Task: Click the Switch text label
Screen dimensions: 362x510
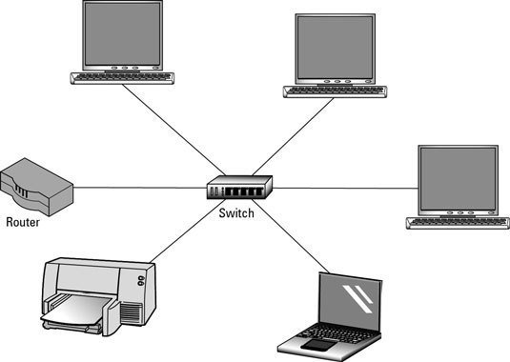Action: tap(236, 213)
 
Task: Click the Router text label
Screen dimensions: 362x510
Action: tap(24, 224)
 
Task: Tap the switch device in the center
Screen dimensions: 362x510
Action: tap(238, 187)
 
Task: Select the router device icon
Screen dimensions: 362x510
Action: tap(36, 188)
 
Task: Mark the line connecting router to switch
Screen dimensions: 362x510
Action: tap(138, 187)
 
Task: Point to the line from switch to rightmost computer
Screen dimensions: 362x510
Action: tap(343, 188)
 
